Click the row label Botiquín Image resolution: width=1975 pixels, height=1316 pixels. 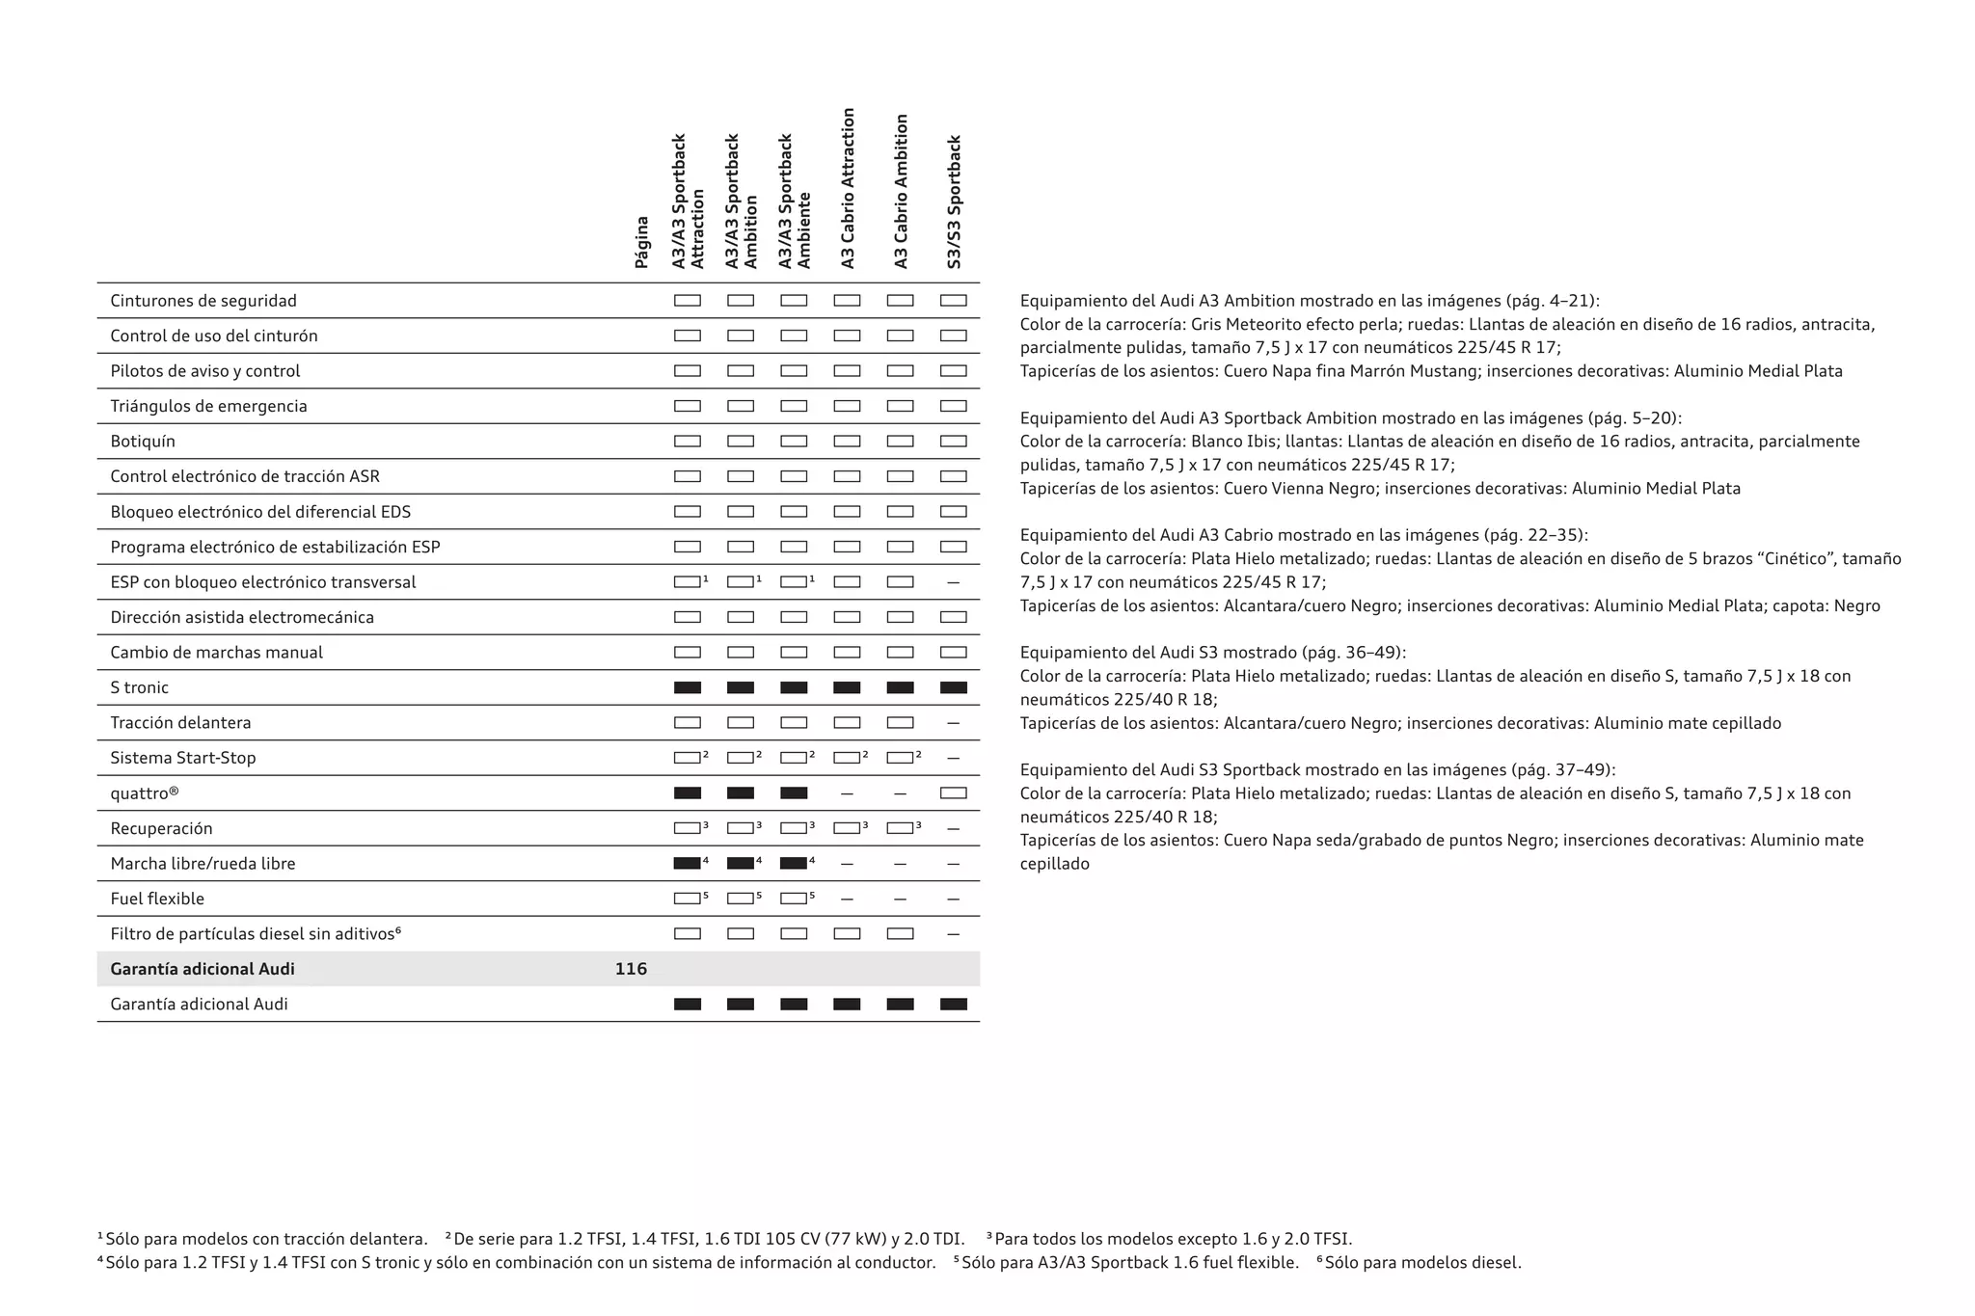pyautogui.click(x=143, y=442)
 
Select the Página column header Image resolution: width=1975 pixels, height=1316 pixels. pyautogui.click(x=641, y=241)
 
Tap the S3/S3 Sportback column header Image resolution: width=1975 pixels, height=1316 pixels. pyautogui.click(x=954, y=201)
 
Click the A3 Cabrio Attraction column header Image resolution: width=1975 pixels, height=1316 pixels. pyautogui.click(x=848, y=188)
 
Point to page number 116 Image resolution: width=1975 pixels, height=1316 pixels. pyautogui.click(x=631, y=969)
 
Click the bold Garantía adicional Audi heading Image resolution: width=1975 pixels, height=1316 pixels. pyautogui.click(x=203, y=969)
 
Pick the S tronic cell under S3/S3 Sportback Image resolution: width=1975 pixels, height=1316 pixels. pyautogui.click(x=953, y=687)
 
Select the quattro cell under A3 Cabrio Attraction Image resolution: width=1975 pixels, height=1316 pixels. pyautogui.click(x=847, y=793)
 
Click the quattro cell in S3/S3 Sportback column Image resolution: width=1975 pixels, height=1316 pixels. pyautogui.click(x=953, y=793)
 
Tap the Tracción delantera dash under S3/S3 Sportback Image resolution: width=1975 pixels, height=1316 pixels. pyautogui.click(x=953, y=723)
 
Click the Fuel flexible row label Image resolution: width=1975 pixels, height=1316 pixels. pyautogui.click(x=157, y=899)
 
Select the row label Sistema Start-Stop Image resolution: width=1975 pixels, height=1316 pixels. pyautogui.click(x=183, y=758)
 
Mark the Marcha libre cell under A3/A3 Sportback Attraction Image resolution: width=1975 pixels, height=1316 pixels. pyautogui.click(x=688, y=864)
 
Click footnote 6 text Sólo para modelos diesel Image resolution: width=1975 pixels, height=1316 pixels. pyautogui.click(x=1422, y=1263)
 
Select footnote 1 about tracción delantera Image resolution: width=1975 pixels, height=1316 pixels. pyautogui.click(x=265, y=1239)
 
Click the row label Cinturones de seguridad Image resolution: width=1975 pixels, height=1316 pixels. pyautogui.click(x=203, y=301)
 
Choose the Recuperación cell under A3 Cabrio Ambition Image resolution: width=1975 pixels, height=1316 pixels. pyautogui.click(x=900, y=828)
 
